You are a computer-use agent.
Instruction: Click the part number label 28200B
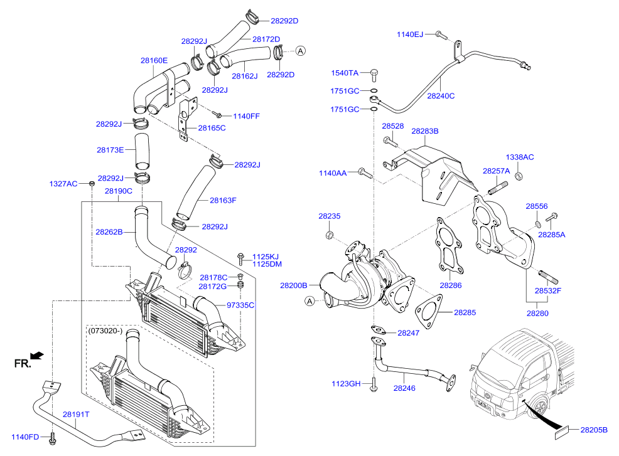tap(293, 285)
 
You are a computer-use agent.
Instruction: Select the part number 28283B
tap(424, 131)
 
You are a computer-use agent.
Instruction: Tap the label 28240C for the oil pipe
tap(441, 96)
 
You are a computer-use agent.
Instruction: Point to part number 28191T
tap(76, 414)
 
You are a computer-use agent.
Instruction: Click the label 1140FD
tap(25, 436)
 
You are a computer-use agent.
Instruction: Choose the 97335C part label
tap(240, 305)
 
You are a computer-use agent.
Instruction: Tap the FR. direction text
tap(21, 363)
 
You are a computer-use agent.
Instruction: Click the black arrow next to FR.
tap(38, 356)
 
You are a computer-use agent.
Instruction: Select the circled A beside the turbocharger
tap(309, 302)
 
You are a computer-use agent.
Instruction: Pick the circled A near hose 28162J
tap(300, 50)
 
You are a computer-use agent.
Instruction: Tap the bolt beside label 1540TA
tap(373, 75)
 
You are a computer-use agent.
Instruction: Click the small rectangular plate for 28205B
tap(561, 431)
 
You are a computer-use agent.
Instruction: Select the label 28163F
tap(223, 201)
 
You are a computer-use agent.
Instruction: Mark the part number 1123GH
tap(345, 383)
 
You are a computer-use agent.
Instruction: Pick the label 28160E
tap(154, 61)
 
